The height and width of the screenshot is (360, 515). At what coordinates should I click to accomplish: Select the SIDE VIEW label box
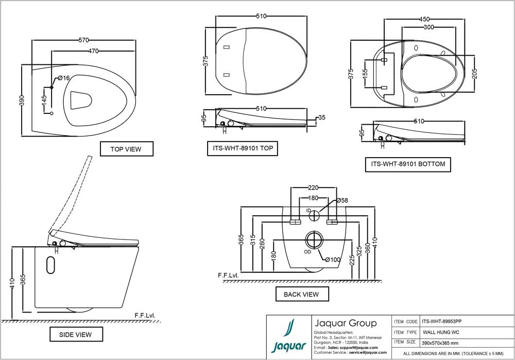point(76,334)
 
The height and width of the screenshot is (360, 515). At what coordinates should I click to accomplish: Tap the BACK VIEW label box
point(301,295)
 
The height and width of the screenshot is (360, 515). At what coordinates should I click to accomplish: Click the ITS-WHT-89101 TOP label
point(243,148)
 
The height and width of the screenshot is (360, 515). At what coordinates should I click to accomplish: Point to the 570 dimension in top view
point(84,40)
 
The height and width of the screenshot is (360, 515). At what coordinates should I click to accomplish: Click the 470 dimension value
point(93,51)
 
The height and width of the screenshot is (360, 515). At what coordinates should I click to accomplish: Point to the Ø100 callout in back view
point(333,260)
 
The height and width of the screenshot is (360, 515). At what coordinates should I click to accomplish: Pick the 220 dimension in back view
point(314,188)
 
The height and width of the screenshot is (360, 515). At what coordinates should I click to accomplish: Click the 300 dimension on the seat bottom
point(428,28)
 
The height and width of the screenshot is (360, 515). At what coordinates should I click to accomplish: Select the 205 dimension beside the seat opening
point(475,74)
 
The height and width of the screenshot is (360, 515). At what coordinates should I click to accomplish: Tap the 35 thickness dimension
point(321,117)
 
